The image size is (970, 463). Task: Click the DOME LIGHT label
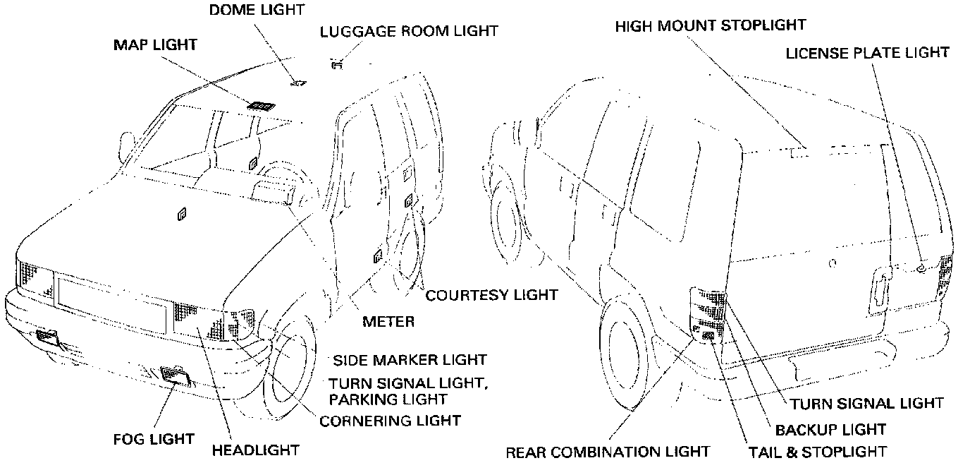257,10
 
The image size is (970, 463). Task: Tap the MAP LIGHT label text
155,45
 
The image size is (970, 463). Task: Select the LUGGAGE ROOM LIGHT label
409,31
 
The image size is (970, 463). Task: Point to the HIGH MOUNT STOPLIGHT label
710,25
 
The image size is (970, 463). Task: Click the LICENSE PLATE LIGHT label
868,52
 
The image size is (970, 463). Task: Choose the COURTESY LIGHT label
491,294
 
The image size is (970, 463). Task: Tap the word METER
388,322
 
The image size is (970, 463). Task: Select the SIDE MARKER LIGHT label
410,359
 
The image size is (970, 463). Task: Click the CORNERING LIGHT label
390,421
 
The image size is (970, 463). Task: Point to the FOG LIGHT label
154,439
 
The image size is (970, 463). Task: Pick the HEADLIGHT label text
256,450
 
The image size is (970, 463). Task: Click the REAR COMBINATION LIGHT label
607,452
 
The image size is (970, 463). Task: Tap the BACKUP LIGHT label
830,429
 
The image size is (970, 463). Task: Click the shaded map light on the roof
261,107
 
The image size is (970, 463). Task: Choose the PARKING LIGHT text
388,399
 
